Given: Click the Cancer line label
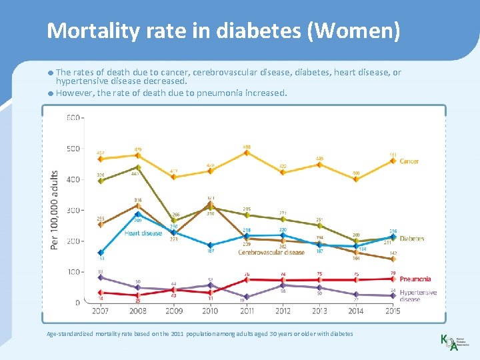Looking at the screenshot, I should click(x=409, y=161).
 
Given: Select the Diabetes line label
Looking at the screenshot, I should click(x=411, y=239).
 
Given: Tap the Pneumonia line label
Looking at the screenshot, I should click(x=415, y=279).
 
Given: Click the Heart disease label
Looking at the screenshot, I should click(x=143, y=233).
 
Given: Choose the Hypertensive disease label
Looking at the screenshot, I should click(x=418, y=296).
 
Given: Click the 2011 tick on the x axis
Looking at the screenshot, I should click(x=247, y=311).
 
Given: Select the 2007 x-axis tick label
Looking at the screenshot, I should click(x=101, y=311).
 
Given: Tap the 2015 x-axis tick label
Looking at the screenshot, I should click(x=393, y=311).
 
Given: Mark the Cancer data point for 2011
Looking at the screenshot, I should click(x=247, y=153).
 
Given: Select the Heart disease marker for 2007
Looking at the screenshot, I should click(x=101, y=253).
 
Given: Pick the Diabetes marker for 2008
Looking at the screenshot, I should click(x=137, y=167).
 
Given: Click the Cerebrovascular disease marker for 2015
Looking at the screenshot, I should click(x=393, y=259).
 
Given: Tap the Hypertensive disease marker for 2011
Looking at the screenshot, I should click(x=247, y=297).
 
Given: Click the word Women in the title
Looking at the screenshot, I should click(x=361, y=31).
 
